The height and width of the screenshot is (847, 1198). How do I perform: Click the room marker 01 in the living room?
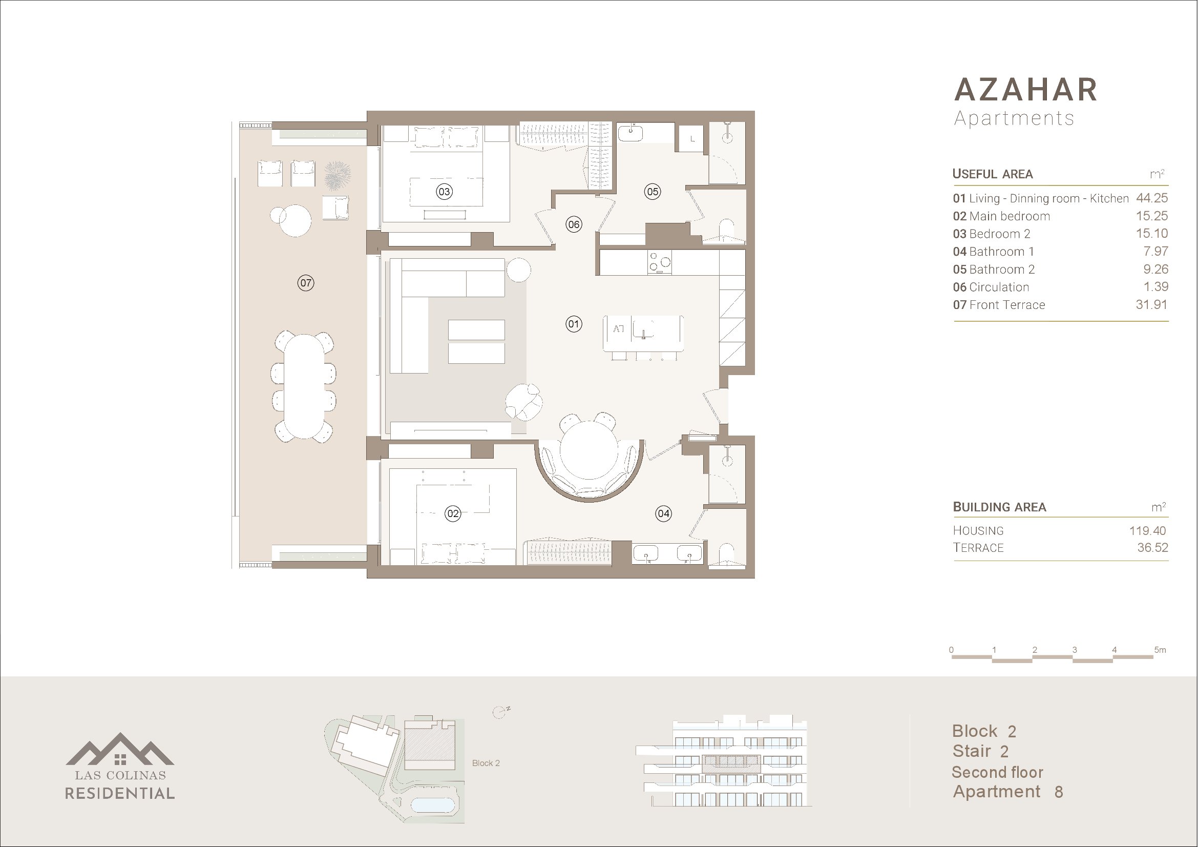click(x=574, y=324)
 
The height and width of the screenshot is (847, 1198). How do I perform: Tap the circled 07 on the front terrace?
click(x=306, y=283)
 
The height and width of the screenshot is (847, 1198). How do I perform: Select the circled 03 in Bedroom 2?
click(x=444, y=192)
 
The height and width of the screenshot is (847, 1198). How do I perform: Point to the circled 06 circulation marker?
click(x=574, y=224)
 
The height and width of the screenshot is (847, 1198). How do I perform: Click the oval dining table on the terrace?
click(x=303, y=386)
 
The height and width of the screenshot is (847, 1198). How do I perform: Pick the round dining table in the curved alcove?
click(x=589, y=451)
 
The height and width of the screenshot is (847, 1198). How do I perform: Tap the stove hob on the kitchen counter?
click(x=660, y=262)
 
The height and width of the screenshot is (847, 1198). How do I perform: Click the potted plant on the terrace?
click(x=337, y=176)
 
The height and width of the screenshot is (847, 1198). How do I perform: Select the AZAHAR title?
click(x=1026, y=90)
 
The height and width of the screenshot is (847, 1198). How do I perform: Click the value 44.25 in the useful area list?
click(x=1151, y=198)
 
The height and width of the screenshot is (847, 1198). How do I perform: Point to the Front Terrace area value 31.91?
click(x=1151, y=304)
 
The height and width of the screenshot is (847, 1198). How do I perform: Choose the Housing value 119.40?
click(x=1147, y=531)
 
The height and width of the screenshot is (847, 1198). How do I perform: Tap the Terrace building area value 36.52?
click(x=1152, y=548)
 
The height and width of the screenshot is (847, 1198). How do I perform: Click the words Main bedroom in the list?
click(x=1009, y=217)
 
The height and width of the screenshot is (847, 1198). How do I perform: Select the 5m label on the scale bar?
click(x=1160, y=650)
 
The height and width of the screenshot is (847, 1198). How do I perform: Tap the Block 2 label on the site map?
click(x=486, y=763)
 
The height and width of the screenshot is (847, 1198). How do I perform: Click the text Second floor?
click(x=997, y=772)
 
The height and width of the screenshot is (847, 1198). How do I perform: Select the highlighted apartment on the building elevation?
click(x=731, y=763)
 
